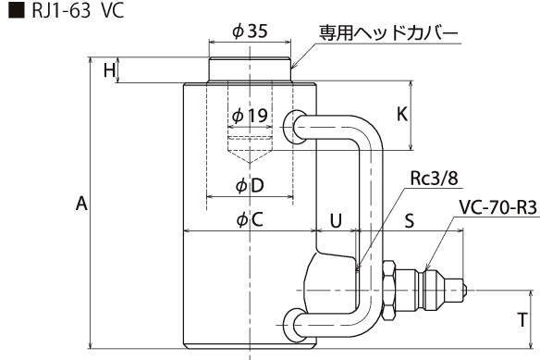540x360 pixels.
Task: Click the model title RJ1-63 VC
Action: pyautogui.click(x=78, y=10)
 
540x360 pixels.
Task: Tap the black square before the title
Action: pyautogui.click(x=17, y=10)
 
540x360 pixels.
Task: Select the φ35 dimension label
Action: pyautogui.click(x=250, y=31)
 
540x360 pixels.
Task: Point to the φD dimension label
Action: pyautogui.click(x=250, y=185)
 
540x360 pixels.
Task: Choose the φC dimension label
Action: pyautogui.click(x=250, y=219)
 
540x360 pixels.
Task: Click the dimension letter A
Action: pyautogui.click(x=81, y=204)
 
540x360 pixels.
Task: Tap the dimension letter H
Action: pyautogui.click(x=109, y=70)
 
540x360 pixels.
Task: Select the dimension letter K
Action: pyautogui.click(x=402, y=114)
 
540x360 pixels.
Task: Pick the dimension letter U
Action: pyautogui.click(x=336, y=220)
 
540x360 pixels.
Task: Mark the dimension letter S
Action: pyautogui.click(x=409, y=220)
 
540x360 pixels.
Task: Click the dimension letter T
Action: pyautogui.click(x=522, y=319)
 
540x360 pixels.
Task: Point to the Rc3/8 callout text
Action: pyautogui.click(x=434, y=179)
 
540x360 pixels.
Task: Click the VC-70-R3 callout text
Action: pyautogui.click(x=498, y=207)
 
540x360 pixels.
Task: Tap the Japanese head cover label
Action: pyautogui.click(x=388, y=33)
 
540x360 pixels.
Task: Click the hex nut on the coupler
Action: pyautogui.click(x=388, y=291)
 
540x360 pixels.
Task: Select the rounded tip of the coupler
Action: pyautogui.click(x=463, y=291)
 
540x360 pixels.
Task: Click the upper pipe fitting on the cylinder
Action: pyautogui.click(x=294, y=127)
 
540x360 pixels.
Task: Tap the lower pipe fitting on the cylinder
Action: pyautogui.click(x=294, y=326)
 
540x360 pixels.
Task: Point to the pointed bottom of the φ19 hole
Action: pyautogui.click(x=250, y=163)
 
